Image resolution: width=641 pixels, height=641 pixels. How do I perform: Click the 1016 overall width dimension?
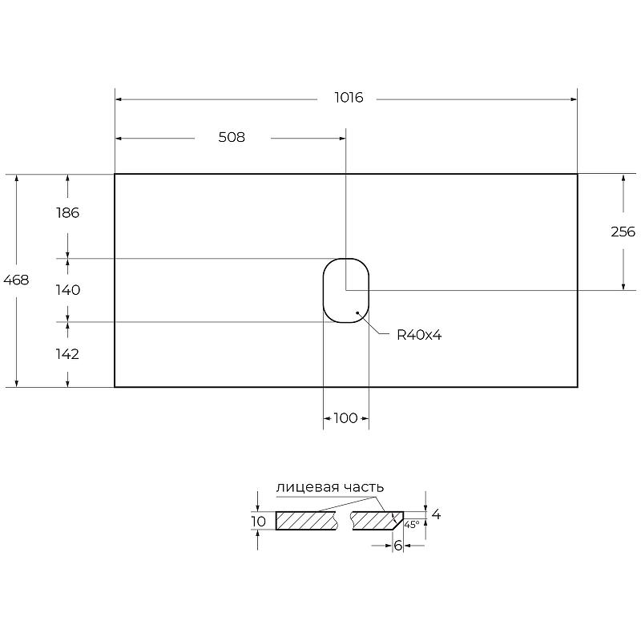coord(349,98)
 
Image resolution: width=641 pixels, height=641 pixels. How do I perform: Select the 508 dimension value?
coord(232,137)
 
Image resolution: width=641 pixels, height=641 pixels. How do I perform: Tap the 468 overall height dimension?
coord(16,280)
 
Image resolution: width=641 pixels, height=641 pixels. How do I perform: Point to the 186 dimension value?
coord(68,213)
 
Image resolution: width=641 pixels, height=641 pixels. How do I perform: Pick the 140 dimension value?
coord(68,290)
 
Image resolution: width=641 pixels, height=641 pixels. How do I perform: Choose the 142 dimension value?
coord(67,354)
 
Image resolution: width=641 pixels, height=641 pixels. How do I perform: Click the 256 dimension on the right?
coord(623,232)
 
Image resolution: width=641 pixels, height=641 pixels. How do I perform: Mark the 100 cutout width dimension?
coord(346,418)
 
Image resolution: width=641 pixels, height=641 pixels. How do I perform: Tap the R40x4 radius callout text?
coord(419,335)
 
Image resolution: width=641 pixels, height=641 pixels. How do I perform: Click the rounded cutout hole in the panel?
coord(346,259)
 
